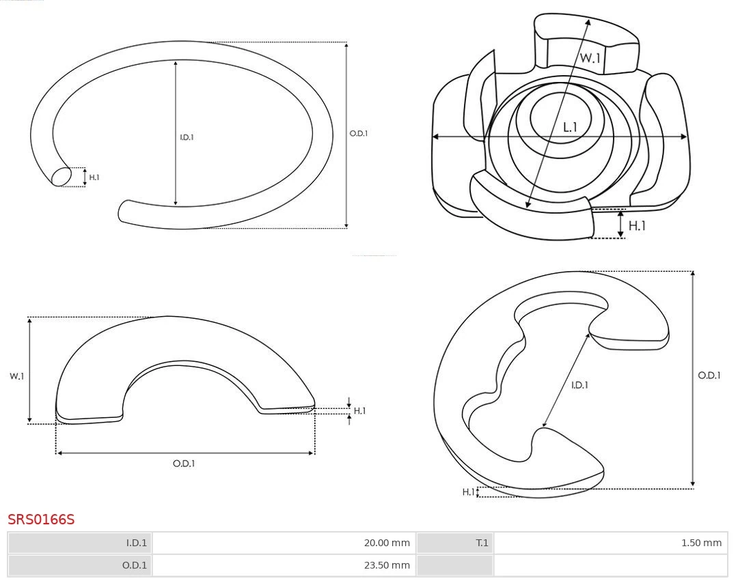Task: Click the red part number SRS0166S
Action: point(41,520)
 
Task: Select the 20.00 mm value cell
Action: point(284,543)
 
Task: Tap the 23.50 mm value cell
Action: point(284,565)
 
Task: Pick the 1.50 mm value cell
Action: point(610,543)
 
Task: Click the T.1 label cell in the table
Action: point(454,543)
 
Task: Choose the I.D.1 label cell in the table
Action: point(80,543)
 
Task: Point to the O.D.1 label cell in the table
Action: point(80,565)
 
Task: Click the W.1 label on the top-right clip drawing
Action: point(590,58)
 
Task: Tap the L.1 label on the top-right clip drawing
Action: point(570,127)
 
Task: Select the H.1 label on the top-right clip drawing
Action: point(637,226)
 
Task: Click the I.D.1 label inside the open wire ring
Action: point(187,137)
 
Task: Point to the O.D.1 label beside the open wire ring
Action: point(359,134)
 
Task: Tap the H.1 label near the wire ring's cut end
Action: point(94,178)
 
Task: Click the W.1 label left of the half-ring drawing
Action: point(16,376)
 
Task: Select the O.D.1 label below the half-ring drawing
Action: point(184,464)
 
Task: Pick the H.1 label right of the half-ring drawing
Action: point(359,411)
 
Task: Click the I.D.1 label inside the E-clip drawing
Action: point(579,385)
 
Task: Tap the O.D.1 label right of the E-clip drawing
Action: point(709,375)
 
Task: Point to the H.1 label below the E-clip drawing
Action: point(468,492)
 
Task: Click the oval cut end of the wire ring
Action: point(61,177)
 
